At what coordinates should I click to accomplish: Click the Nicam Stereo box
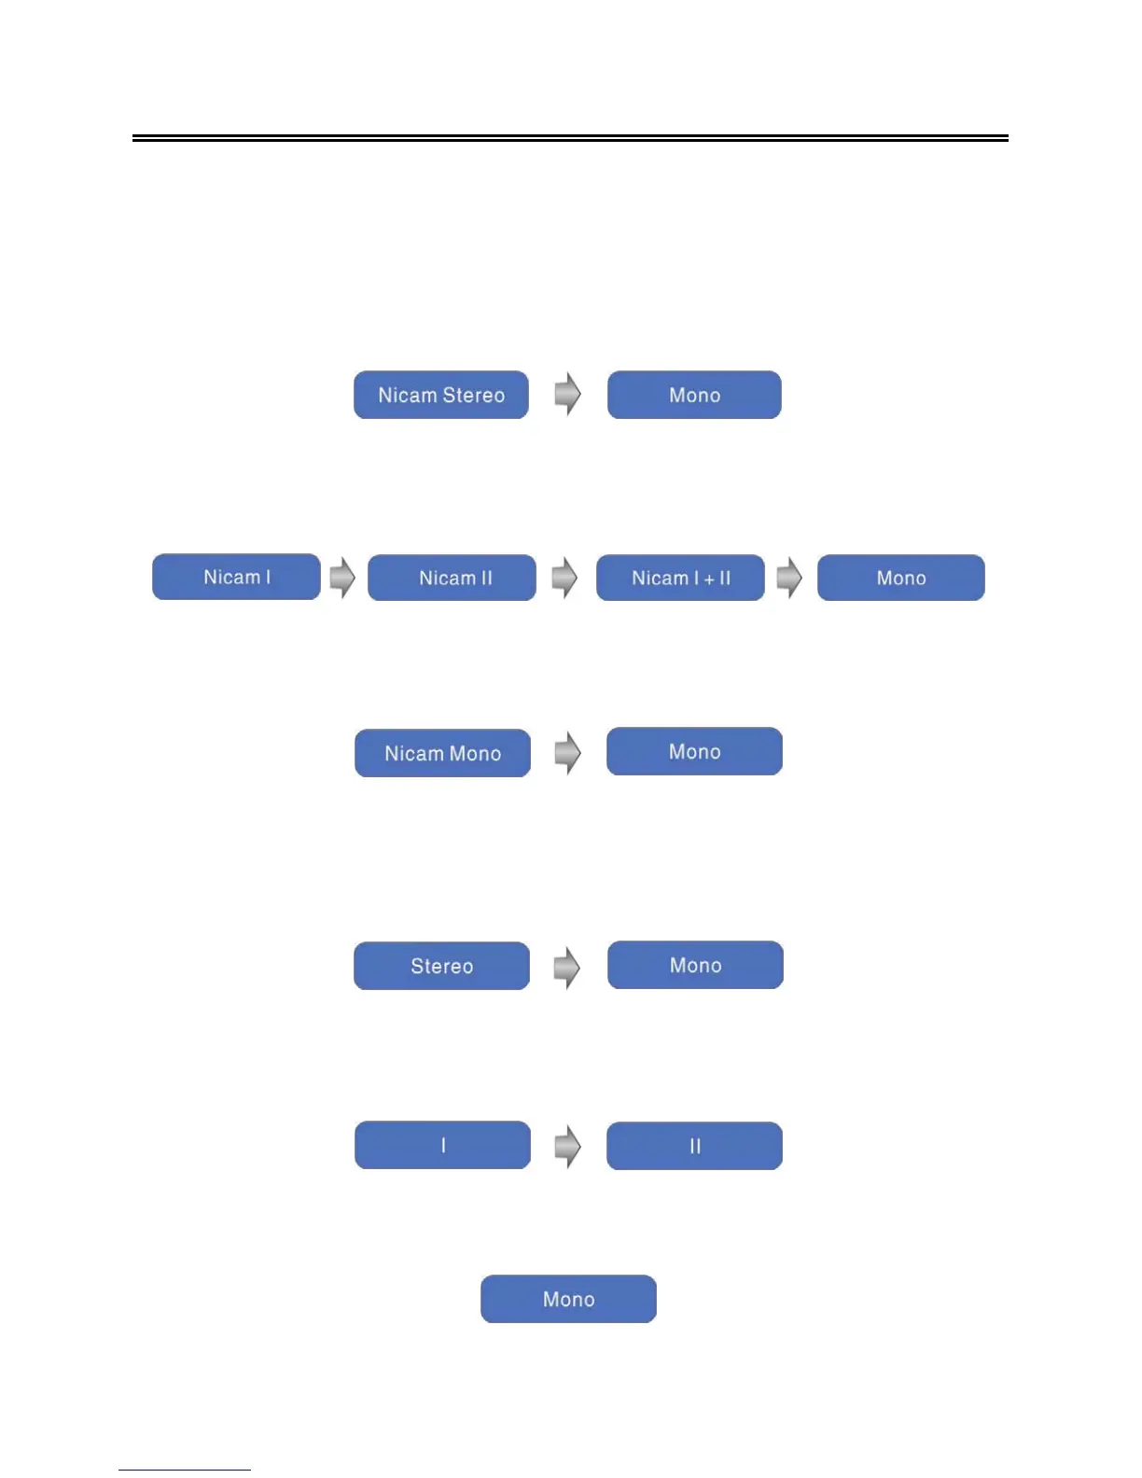[441, 395]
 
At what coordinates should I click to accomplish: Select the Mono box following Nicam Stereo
[694, 395]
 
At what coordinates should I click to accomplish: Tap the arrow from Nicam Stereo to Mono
[567, 394]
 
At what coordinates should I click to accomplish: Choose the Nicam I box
[236, 577]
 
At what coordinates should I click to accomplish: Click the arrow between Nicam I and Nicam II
[342, 578]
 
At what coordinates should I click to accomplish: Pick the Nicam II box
[452, 578]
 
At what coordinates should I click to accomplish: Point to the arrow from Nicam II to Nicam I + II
[564, 578]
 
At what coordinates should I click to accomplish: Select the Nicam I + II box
[680, 578]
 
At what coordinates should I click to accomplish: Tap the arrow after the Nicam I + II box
[789, 578]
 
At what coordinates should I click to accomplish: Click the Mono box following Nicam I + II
[900, 578]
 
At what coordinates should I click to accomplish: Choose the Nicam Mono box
[442, 753]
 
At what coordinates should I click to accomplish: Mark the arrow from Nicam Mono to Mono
[567, 752]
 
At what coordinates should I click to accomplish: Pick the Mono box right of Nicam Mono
[694, 751]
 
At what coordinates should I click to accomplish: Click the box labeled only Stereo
[441, 966]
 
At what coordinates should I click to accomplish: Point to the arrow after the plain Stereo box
[566, 967]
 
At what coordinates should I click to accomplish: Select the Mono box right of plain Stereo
[695, 965]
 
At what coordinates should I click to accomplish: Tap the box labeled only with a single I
[442, 1145]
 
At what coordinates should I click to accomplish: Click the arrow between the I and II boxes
[567, 1146]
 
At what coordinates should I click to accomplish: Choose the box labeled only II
[694, 1146]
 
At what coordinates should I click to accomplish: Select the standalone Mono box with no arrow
[568, 1299]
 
